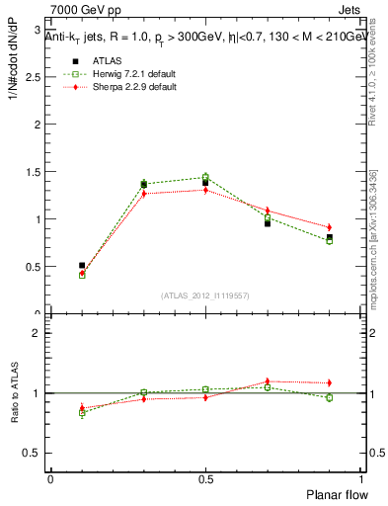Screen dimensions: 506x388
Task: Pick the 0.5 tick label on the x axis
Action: pos(205,479)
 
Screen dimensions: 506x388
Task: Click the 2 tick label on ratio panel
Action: pos(37,333)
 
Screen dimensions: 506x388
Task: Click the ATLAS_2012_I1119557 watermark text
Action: pos(205,295)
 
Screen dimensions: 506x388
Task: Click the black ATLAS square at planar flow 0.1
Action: pos(82,265)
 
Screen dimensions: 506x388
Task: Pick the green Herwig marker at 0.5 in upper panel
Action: pos(205,178)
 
